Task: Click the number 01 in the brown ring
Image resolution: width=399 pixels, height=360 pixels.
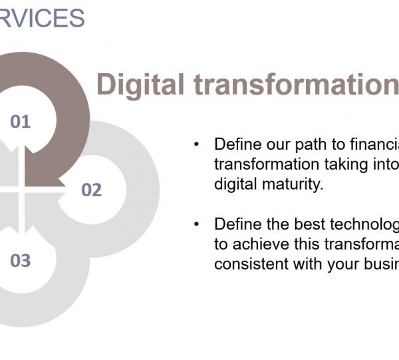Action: click(x=21, y=121)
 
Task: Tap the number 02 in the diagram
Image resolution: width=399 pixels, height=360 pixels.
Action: click(x=91, y=190)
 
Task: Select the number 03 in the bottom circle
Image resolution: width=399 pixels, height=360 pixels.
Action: click(x=21, y=260)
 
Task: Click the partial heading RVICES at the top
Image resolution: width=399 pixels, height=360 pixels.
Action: click(x=43, y=18)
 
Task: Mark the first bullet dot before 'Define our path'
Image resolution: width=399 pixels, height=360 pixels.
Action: click(x=196, y=144)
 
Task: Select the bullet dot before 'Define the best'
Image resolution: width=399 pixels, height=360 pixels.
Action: click(x=196, y=224)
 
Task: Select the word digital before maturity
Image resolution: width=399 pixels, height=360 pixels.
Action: click(x=233, y=184)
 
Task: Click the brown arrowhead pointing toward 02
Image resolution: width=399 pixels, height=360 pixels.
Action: click(x=62, y=181)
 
